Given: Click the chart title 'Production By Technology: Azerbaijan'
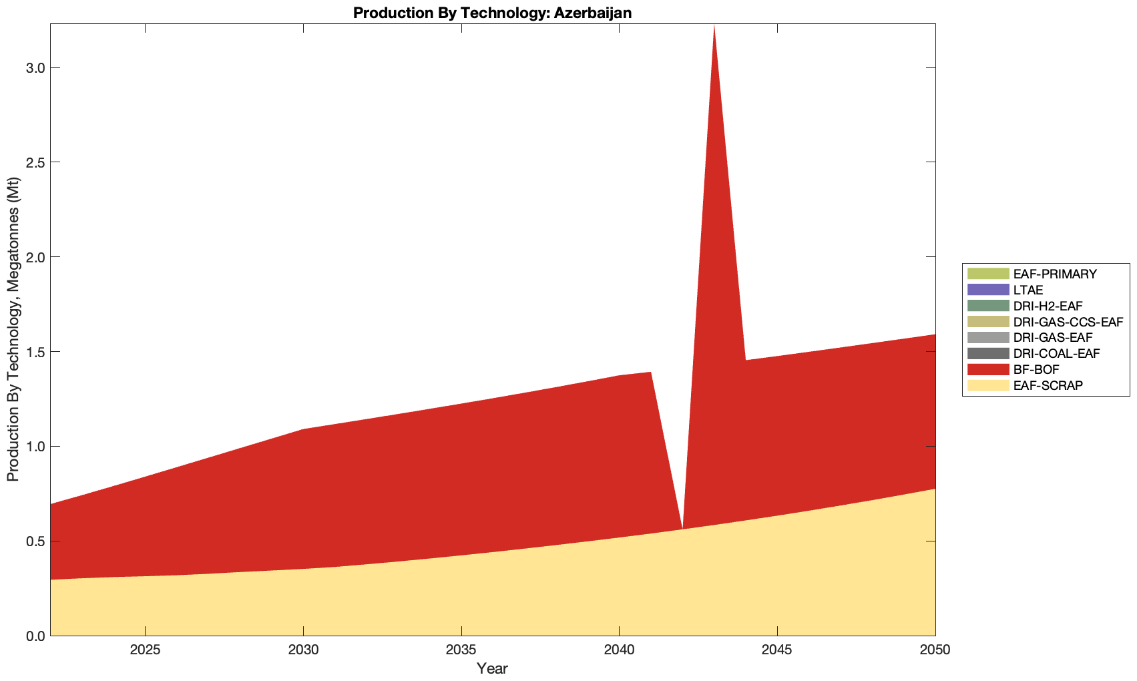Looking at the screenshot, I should pyautogui.click(x=492, y=12).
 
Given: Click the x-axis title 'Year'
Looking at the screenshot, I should pyautogui.click(x=492, y=668).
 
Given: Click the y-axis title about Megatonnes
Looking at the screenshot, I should pyautogui.click(x=13, y=329).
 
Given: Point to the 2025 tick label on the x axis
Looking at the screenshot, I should pyautogui.click(x=145, y=650).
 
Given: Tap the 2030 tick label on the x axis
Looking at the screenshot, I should pyautogui.click(x=303, y=650).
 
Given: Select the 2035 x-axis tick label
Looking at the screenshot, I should pyautogui.click(x=461, y=650).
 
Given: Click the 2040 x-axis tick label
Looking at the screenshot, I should pyautogui.click(x=619, y=650).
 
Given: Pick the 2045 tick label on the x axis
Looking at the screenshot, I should pyautogui.click(x=777, y=650).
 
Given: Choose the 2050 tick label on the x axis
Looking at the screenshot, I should pyautogui.click(x=935, y=650).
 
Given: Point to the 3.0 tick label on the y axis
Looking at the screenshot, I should pyautogui.click(x=33, y=68).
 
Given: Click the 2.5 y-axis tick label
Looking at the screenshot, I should pyautogui.click(x=33, y=162).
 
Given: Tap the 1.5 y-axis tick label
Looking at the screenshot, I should pyautogui.click(x=33, y=352).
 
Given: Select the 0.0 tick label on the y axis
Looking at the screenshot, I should pyautogui.click(x=33, y=636).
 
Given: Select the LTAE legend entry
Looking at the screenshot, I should pyautogui.click(x=1028, y=290).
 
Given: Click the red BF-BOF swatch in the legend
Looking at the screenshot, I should pyautogui.click(x=987, y=369).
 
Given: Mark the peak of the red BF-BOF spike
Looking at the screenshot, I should pyautogui.click(x=714, y=25).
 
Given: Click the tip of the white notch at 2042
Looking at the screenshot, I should pyautogui.click(x=682, y=527).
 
